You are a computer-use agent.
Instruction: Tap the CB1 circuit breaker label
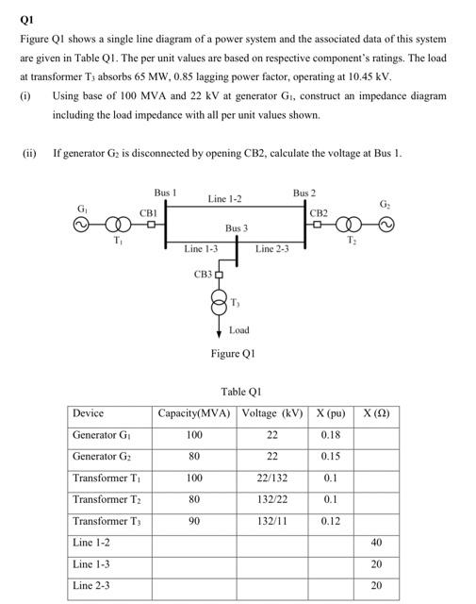(x=148, y=213)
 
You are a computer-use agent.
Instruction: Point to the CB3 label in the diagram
(x=203, y=275)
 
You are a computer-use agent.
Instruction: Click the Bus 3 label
(x=236, y=228)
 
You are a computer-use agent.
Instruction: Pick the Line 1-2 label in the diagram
(x=225, y=199)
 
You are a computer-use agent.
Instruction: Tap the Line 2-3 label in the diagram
(x=272, y=249)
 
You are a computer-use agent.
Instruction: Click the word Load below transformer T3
(x=238, y=331)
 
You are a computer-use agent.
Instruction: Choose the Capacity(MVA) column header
(x=195, y=413)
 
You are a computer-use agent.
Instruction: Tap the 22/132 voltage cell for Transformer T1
(x=272, y=478)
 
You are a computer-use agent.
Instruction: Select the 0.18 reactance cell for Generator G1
(x=331, y=435)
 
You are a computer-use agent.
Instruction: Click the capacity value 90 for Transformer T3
(x=195, y=521)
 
